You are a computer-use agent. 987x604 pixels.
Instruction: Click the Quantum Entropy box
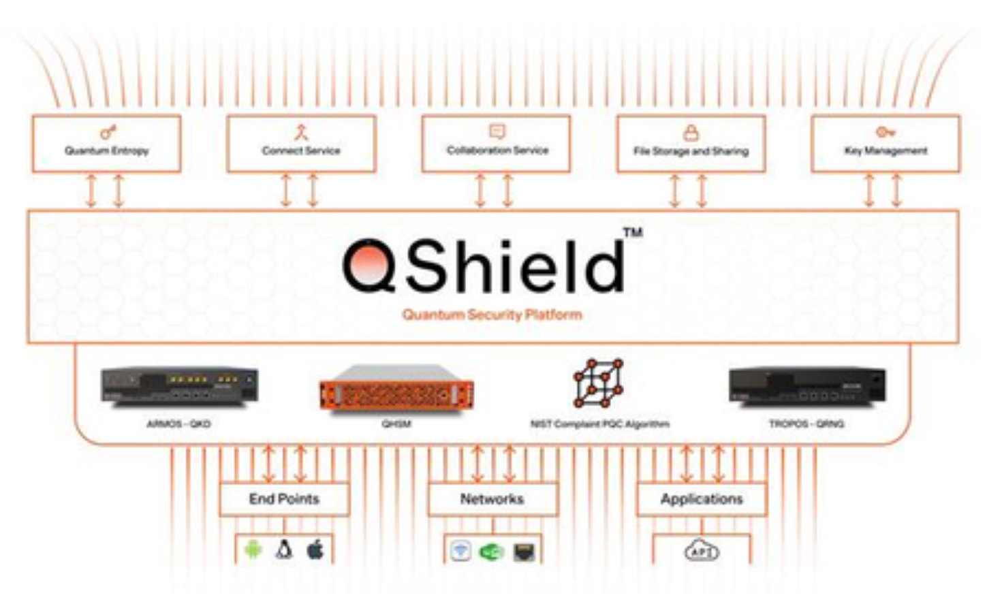106,144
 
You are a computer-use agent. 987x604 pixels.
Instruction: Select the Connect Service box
301,144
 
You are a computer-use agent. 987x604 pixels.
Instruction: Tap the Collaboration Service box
497,144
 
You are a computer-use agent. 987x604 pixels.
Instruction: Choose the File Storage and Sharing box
691,144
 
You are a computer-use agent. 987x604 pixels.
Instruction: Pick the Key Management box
886,144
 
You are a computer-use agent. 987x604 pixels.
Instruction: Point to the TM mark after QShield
633,233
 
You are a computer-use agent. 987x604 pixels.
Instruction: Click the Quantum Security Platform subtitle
492,315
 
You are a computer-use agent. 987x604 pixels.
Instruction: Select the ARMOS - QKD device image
179,386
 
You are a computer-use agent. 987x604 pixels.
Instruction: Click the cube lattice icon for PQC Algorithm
598,383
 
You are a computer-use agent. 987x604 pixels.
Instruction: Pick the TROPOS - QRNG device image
807,386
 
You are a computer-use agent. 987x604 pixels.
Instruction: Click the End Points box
284,499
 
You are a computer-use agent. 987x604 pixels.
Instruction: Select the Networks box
492,499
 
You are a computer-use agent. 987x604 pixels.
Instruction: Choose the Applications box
702,499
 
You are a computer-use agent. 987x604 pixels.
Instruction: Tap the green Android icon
253,550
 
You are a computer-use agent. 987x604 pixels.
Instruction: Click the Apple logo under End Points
315,550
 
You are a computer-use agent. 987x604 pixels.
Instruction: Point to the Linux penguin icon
284,550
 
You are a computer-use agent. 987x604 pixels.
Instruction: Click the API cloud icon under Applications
702,550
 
